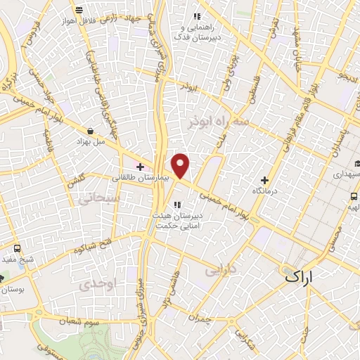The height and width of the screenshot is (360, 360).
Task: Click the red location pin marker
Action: click(181, 165)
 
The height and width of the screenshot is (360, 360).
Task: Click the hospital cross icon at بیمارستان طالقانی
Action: click(141, 167)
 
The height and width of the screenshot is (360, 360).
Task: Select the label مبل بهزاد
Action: click(91, 141)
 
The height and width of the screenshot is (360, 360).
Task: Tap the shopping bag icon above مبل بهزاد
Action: click(91, 130)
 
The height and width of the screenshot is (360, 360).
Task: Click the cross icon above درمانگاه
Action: click(264, 180)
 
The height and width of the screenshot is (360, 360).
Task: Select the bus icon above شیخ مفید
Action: click(17, 249)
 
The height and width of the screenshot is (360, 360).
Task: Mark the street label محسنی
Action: click(335, 237)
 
